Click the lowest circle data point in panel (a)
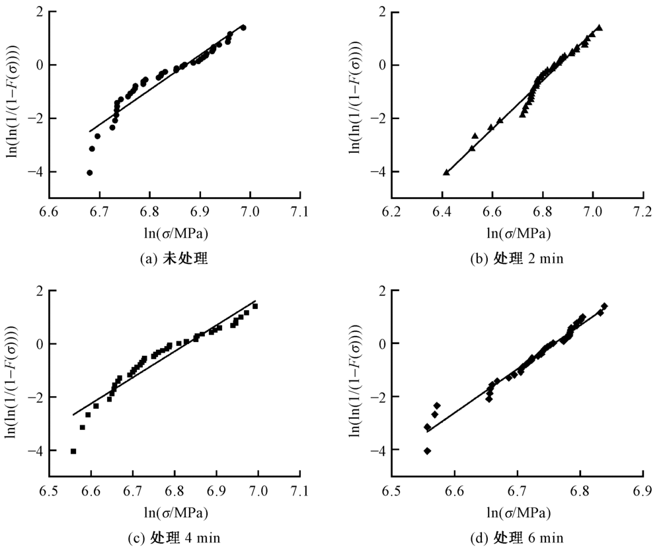(90, 173)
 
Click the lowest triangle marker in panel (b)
(446, 172)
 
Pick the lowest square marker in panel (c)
(73, 451)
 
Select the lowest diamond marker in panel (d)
(428, 451)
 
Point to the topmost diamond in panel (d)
(604, 306)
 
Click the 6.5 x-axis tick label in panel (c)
(49, 491)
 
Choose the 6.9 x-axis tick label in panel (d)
(643, 491)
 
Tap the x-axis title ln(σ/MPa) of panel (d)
(518, 512)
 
